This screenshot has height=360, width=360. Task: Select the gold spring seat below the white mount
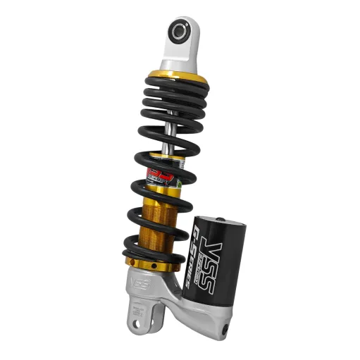(178, 74)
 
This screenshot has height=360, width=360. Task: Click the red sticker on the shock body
(156, 173)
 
